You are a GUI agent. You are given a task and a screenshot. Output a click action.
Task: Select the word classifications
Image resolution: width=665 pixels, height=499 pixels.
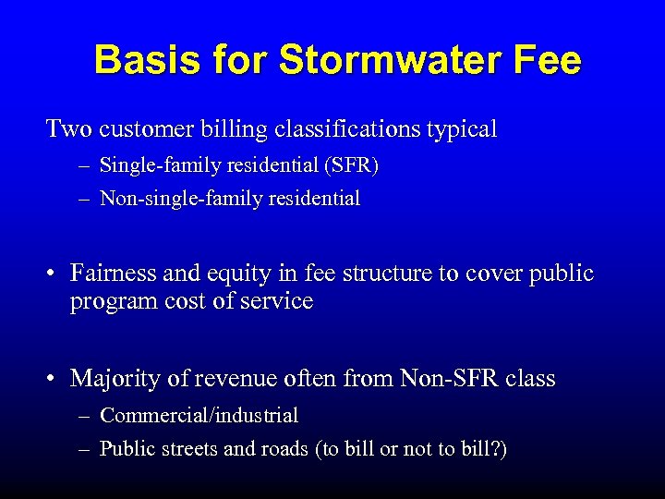tap(347, 129)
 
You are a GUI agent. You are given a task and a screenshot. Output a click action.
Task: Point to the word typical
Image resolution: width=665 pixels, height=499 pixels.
tap(461, 129)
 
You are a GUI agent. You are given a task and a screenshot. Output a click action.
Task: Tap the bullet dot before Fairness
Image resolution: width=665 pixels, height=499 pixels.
tap(54, 274)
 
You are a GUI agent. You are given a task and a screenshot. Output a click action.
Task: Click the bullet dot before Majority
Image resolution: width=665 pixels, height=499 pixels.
tap(54, 379)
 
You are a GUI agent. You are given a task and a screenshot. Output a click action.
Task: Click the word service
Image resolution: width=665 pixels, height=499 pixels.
tap(277, 302)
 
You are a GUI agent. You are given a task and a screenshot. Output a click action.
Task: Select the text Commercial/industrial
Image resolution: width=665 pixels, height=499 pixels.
tap(199, 417)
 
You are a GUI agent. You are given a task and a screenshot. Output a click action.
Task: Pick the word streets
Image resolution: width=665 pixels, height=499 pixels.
tap(187, 450)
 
